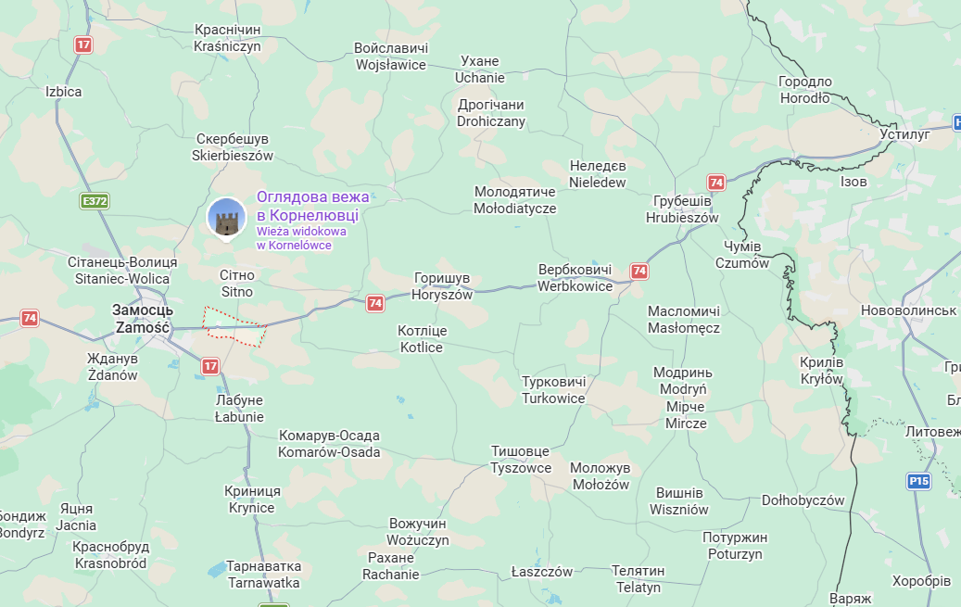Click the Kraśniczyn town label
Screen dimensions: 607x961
click(227, 38)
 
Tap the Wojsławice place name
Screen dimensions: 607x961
click(391, 57)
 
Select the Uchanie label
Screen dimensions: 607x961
click(480, 70)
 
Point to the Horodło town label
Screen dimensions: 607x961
click(805, 90)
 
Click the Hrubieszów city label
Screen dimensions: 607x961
click(682, 209)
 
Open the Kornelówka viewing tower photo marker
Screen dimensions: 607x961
click(226, 219)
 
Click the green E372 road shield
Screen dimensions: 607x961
click(95, 201)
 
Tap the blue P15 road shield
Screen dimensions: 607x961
click(917, 481)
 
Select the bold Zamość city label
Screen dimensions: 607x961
click(142, 319)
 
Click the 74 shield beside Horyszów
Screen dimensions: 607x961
click(374, 302)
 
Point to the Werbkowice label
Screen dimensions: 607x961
click(575, 278)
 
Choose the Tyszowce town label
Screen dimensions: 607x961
click(521, 459)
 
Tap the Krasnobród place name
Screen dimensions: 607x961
click(111, 554)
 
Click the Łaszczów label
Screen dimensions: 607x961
click(542, 572)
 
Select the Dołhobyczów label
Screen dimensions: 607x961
click(803, 500)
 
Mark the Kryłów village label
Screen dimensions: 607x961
click(822, 370)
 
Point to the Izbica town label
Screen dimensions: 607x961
click(64, 92)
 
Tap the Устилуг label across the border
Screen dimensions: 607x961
click(904, 134)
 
